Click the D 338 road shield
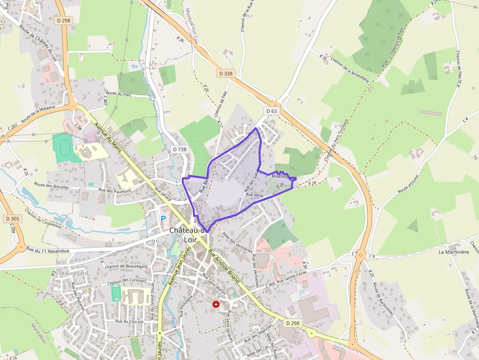tap(226, 73)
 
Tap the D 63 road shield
tap(271, 111)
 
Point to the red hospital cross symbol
tap(216, 304)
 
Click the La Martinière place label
tap(454, 252)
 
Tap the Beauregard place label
tap(73, 273)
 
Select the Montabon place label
tap(39, 333)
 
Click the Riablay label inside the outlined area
tap(280, 175)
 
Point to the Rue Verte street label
tap(255, 194)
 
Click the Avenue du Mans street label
tap(109, 137)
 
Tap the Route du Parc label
tap(119, 93)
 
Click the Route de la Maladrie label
tap(38, 115)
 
